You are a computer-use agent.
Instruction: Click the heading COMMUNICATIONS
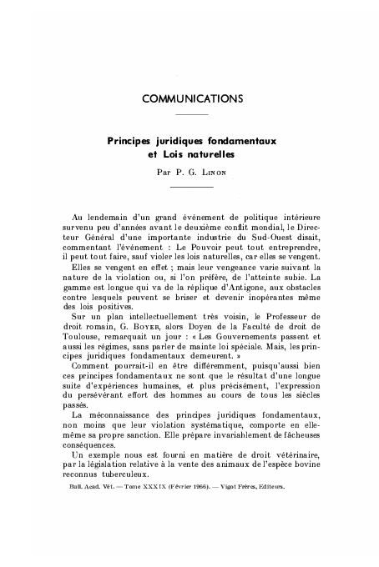coord(193,98)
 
